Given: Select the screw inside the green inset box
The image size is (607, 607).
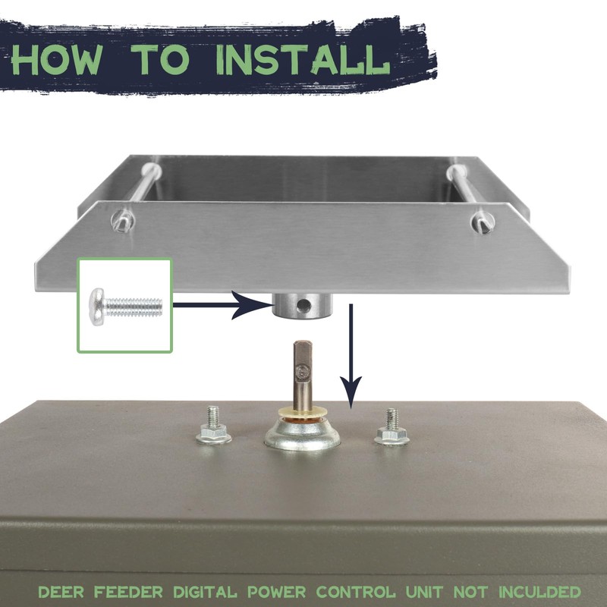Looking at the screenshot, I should [x=125, y=304].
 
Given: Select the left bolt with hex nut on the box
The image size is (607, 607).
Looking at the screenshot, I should [x=212, y=428].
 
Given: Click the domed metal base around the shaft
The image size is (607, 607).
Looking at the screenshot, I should [x=303, y=438].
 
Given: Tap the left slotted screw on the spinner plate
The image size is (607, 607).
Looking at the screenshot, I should [x=122, y=221].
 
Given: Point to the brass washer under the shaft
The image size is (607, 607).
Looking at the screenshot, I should [x=303, y=415].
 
